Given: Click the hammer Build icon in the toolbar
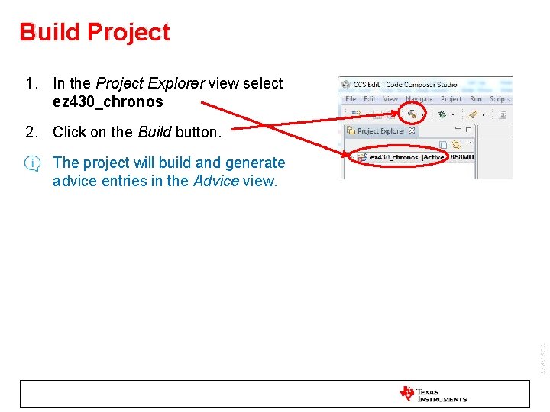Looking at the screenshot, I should [x=412, y=114].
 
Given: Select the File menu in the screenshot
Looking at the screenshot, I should [x=351, y=99].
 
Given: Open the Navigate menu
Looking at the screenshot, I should [x=419, y=99].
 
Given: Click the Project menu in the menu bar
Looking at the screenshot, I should [x=451, y=99].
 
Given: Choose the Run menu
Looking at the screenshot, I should [x=476, y=99].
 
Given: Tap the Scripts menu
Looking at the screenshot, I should [x=500, y=99].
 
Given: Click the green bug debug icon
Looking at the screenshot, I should [x=442, y=114].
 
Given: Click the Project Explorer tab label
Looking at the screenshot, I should [x=381, y=131].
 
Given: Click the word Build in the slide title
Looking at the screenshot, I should [x=50, y=32].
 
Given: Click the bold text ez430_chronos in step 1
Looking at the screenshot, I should [x=108, y=101].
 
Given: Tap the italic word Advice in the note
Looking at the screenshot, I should [x=215, y=181].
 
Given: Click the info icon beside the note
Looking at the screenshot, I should [x=33, y=163].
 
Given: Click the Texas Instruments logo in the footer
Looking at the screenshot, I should [x=432, y=394].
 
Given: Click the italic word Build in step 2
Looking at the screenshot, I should [x=154, y=132].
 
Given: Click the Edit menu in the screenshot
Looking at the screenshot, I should [x=370, y=99].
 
